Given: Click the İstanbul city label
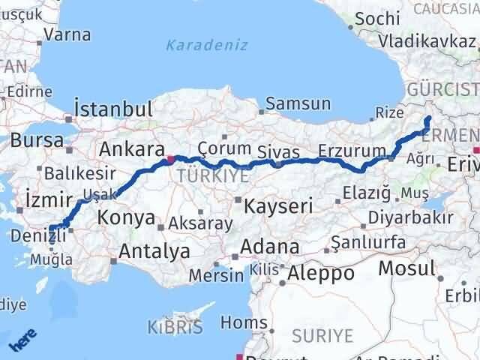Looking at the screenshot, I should tap(114, 108).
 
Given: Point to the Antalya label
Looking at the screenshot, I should tap(154, 252).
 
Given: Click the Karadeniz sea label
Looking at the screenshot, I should tap(206, 45).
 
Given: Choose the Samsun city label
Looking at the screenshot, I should tap(298, 103).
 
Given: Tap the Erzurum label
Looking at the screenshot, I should tap(352, 151).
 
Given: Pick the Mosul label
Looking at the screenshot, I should tap(407, 268).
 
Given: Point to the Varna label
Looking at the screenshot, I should tap(67, 34).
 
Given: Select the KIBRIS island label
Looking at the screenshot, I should tap(174, 328).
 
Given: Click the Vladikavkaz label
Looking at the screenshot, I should tap(427, 40).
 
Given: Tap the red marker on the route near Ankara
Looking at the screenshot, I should tap(172, 158).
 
